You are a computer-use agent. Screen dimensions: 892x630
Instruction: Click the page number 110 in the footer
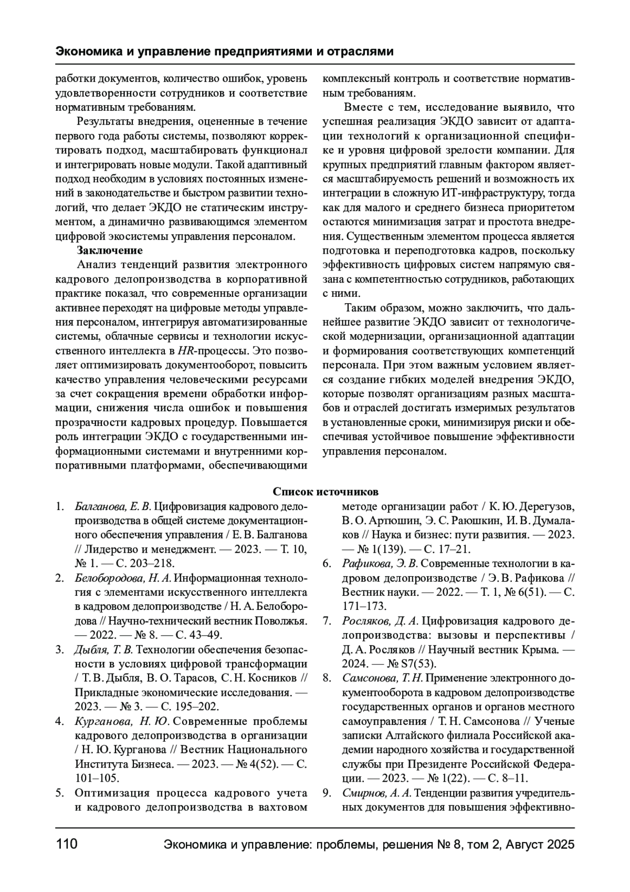(67, 845)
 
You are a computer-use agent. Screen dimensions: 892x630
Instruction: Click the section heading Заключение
(110, 250)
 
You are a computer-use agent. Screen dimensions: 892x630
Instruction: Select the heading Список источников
(325, 492)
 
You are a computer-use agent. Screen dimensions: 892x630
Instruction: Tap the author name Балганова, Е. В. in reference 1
(113, 506)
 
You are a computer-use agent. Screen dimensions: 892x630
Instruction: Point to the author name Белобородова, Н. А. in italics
(123, 578)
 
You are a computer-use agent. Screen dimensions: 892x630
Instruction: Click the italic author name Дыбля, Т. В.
(104, 650)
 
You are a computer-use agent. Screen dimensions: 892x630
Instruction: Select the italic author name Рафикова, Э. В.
(380, 564)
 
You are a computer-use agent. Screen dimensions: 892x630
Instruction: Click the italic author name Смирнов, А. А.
(377, 793)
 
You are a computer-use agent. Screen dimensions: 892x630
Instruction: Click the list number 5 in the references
(60, 793)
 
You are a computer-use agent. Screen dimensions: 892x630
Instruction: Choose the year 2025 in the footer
(561, 845)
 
